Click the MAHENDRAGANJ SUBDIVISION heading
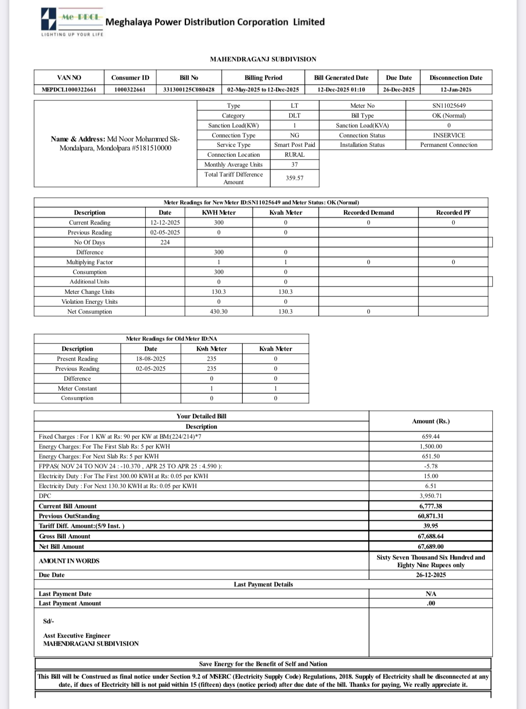[x=263, y=59]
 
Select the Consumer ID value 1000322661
[x=130, y=89]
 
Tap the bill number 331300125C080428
[x=189, y=89]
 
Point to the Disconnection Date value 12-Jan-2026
[x=456, y=89]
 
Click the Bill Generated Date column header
[x=341, y=78]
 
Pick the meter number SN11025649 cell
[x=449, y=106]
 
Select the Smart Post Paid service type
[x=294, y=145]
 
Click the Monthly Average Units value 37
[x=294, y=165]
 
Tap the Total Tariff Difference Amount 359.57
[x=294, y=178]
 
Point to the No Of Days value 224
[x=165, y=242]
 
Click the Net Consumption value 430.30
[x=218, y=312]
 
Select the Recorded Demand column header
[x=368, y=213]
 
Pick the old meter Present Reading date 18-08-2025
[x=151, y=359]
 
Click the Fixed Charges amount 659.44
[x=431, y=437]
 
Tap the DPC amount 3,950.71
[x=431, y=496]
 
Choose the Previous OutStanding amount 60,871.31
[x=431, y=516]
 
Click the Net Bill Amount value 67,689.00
[x=431, y=547]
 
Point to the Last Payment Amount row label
[x=70, y=603]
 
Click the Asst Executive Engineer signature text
[x=77, y=636]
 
